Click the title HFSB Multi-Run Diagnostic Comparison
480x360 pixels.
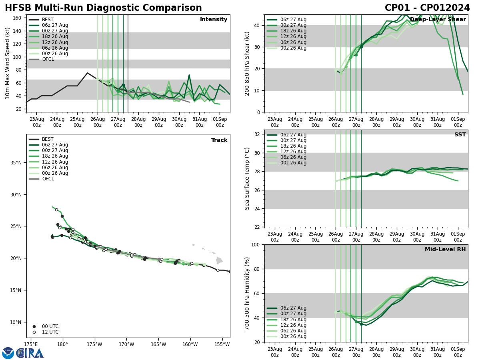(103, 8)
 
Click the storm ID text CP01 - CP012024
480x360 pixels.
(427, 8)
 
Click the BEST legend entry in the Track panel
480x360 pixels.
(48, 139)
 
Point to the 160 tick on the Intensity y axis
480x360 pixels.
(18, 18)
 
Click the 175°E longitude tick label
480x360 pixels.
(31, 344)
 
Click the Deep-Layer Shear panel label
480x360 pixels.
(438, 20)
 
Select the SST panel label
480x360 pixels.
(460, 135)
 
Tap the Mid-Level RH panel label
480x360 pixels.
(445, 250)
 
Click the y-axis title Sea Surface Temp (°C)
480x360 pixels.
(247, 178)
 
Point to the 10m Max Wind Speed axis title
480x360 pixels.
(8, 63)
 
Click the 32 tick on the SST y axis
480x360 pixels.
(257, 134)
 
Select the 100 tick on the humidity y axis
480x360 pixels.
(255, 245)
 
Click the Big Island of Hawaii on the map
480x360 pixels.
(219, 261)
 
